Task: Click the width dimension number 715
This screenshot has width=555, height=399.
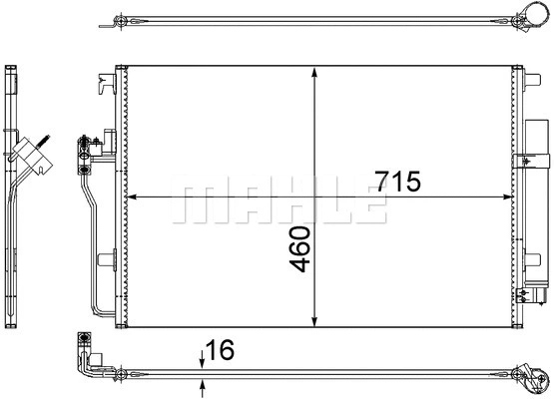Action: point(397,182)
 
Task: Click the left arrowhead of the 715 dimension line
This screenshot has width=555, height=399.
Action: point(135,196)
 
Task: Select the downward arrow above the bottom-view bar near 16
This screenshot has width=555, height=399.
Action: point(204,360)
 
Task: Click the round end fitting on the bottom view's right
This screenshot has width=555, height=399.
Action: point(532,378)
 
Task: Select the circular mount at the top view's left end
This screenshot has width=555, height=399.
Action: point(119,21)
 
